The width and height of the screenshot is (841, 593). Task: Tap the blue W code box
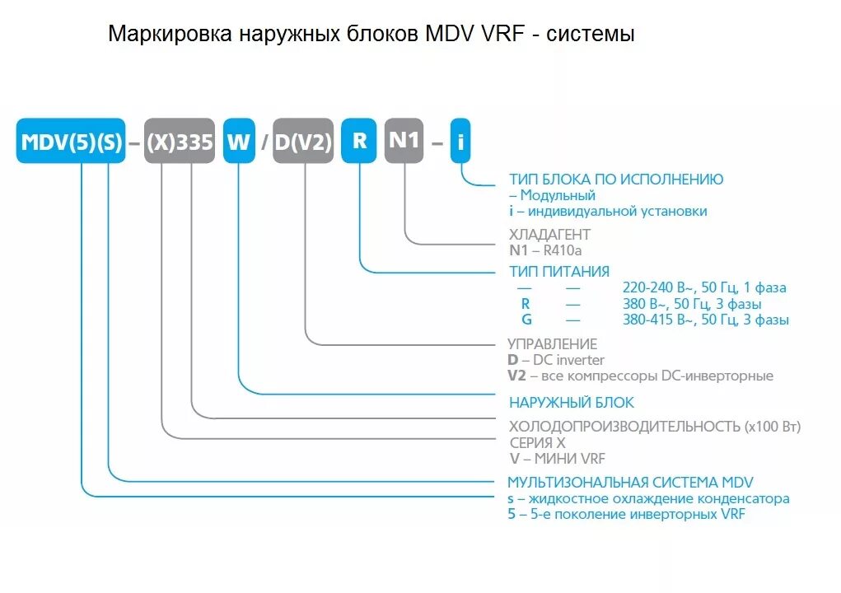[x=239, y=142]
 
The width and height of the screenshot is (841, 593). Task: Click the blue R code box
[x=360, y=141]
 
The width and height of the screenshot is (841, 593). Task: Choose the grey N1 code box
[x=404, y=141]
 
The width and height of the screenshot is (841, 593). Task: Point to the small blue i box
[x=461, y=144]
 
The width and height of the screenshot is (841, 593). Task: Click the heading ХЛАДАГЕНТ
[x=549, y=235]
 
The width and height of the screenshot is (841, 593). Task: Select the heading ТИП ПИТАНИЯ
[x=559, y=272]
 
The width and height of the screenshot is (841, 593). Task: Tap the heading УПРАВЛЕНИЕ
[x=553, y=344]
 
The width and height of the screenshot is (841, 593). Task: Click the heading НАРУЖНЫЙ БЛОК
[x=572, y=403]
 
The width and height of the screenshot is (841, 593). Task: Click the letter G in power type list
[x=526, y=320]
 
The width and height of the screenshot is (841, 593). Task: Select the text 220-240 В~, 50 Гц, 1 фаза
[x=704, y=288]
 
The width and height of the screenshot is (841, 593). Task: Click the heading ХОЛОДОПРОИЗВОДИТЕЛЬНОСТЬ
[x=624, y=427]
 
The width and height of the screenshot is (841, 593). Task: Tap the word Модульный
[x=558, y=195]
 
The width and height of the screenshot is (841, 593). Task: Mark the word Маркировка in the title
[x=170, y=35]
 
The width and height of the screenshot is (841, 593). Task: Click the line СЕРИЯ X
[x=537, y=442]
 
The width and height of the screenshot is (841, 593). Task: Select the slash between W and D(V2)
[x=264, y=143]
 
